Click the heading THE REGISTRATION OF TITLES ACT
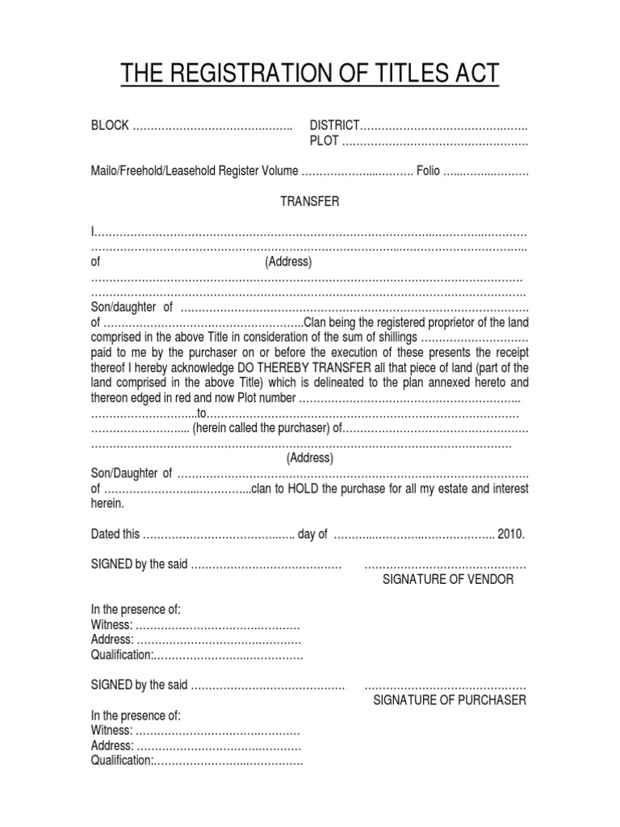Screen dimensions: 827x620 coord(310,75)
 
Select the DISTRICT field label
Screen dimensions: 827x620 coord(334,126)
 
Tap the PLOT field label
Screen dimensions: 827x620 coord(325,141)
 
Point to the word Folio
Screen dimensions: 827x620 coord(428,171)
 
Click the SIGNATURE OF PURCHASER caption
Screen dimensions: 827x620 coord(449,699)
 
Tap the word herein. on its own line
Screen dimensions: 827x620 coord(107,503)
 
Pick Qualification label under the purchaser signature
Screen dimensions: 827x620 coord(121,760)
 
